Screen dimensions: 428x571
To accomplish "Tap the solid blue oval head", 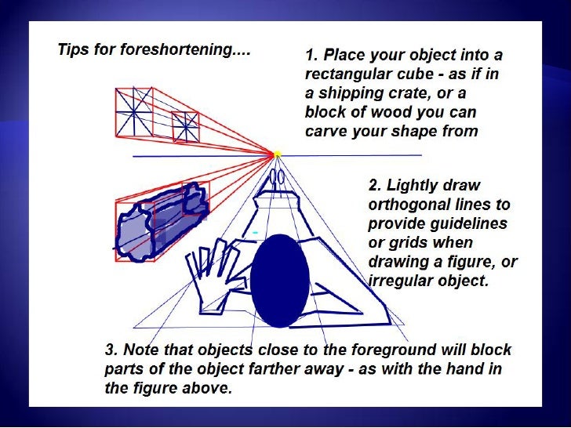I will point(279,281).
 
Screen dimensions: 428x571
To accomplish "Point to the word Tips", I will point(72,51).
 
